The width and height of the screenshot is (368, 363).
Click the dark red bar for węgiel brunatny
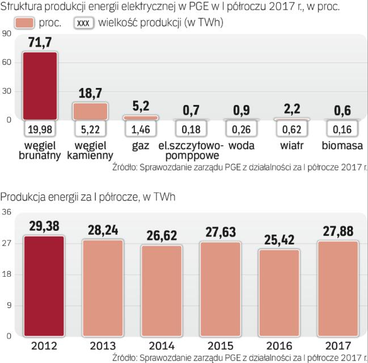40,85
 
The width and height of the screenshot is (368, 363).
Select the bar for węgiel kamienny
90,111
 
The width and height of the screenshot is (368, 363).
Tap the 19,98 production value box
40,130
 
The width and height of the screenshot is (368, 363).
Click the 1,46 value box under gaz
140,130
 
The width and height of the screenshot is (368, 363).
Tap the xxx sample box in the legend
84,23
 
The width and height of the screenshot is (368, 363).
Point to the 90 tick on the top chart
7,33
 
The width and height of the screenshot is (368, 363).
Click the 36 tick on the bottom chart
6,213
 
